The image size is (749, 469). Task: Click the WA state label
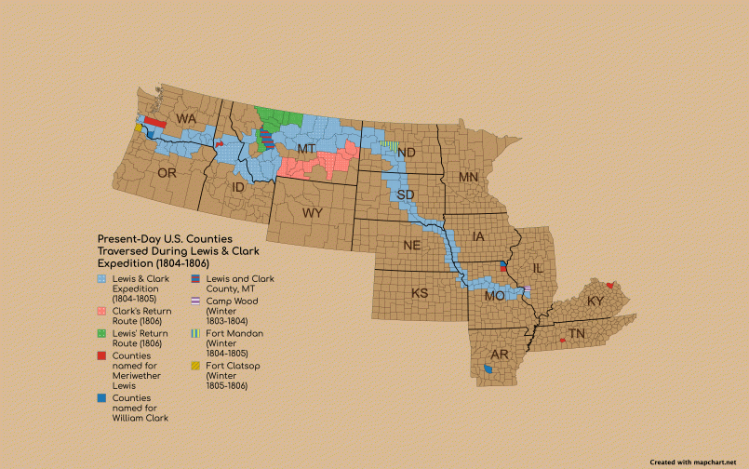click(187, 119)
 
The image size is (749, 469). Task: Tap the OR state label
click(167, 173)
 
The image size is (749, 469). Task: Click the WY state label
click(312, 213)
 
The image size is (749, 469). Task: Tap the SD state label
click(406, 194)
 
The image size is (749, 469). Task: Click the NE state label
click(412, 246)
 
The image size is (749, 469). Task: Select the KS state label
click(421, 293)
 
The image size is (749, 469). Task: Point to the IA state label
click(479, 237)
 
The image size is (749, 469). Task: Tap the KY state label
click(595, 302)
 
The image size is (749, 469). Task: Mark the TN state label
click(577, 333)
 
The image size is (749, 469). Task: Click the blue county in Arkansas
click(489, 370)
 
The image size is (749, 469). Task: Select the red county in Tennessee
click(563, 342)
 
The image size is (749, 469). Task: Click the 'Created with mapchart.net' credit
click(698, 462)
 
